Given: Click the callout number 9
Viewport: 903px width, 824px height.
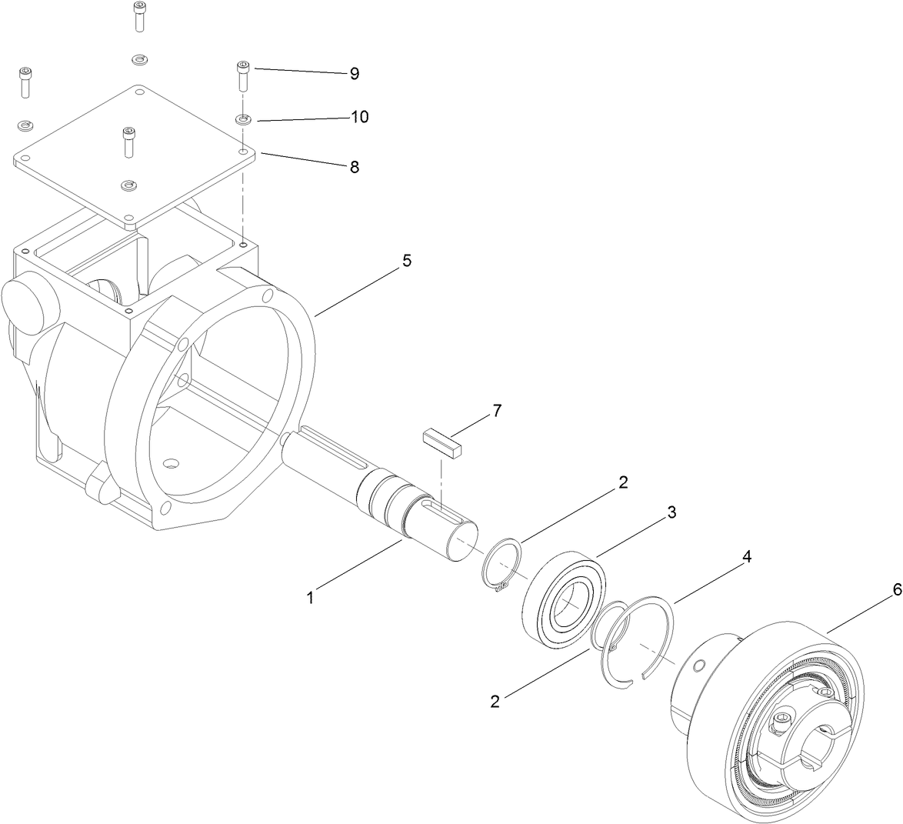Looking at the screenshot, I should (x=354, y=74).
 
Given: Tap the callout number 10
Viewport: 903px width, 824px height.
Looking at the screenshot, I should (x=359, y=117).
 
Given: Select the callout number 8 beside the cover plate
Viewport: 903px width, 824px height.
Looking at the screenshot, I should (x=354, y=167).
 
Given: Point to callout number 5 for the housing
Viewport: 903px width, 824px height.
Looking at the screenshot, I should (x=406, y=261).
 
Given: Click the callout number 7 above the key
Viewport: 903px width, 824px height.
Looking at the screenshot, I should (x=497, y=411).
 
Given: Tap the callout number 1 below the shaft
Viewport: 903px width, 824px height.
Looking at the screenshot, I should (x=311, y=597).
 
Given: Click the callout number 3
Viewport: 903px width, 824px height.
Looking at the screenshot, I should (x=671, y=512).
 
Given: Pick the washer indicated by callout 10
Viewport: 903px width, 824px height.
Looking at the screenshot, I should (x=242, y=119).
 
